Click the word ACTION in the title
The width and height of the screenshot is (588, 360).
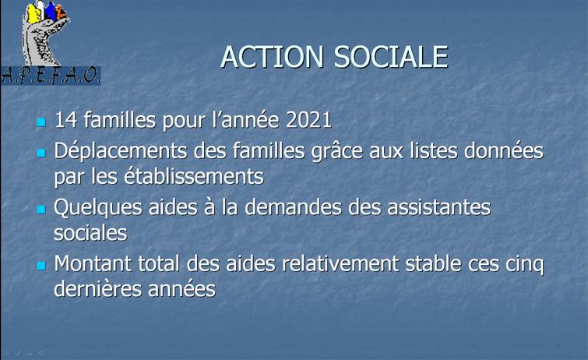(273, 57)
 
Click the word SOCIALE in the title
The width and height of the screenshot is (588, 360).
(391, 57)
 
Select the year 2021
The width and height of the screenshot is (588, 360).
(308, 120)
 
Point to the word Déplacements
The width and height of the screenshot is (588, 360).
(121, 151)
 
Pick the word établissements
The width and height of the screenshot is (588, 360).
(194, 176)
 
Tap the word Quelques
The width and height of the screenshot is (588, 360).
(98, 207)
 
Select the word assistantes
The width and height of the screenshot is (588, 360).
(438, 207)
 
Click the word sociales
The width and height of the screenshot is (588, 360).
(91, 233)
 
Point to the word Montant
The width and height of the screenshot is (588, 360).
(93, 263)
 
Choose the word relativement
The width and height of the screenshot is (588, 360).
(340, 263)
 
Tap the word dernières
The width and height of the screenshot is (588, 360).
(98, 289)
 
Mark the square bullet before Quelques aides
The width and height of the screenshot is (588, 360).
(41, 209)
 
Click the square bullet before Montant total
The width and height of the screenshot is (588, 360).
(41, 266)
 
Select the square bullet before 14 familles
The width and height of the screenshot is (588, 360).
(41, 122)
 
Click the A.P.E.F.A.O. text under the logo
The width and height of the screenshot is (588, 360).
(51, 76)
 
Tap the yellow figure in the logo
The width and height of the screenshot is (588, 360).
(33, 14)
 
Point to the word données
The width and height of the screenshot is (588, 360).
(504, 151)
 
